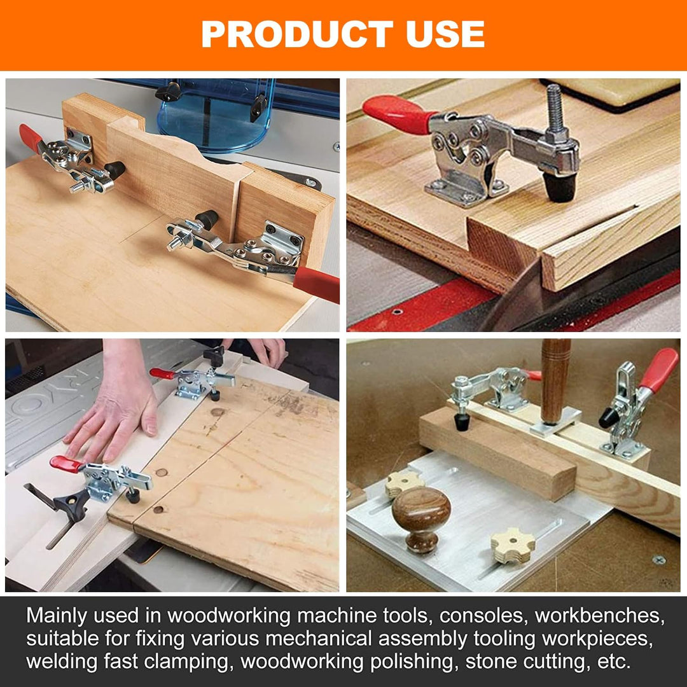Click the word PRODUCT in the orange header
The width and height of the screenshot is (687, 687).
[x=297, y=34]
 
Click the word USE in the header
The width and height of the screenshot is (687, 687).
[x=445, y=34]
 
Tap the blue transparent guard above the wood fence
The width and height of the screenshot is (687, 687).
[x=216, y=114]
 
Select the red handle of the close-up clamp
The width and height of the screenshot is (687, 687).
[x=399, y=113]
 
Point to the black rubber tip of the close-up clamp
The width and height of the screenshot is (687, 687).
[x=560, y=186]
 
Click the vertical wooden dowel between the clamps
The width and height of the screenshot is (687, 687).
[x=555, y=380]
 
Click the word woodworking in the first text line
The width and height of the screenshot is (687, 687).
[x=229, y=616]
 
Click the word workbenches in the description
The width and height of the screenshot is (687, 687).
[x=600, y=616]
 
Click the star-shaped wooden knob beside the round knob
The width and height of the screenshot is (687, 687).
[x=513, y=546]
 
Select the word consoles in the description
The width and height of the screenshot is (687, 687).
[x=482, y=616]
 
